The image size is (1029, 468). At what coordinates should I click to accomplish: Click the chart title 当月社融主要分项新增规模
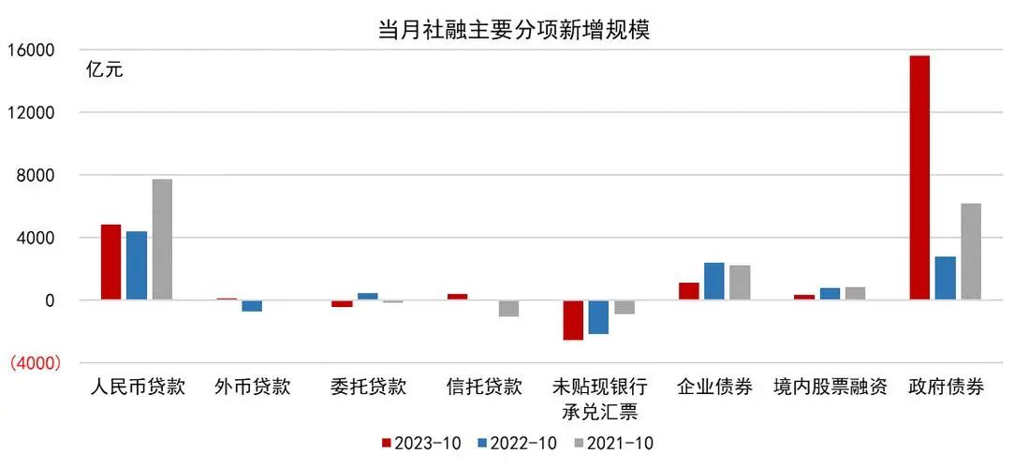513,29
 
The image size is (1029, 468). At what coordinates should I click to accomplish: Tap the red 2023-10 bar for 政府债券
919,178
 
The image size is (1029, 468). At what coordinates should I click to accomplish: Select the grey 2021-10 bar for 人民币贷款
162,240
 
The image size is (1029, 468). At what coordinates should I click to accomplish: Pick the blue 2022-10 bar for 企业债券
714,282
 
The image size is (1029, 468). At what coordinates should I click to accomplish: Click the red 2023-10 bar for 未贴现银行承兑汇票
573,320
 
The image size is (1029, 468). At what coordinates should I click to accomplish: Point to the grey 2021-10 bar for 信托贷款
508,309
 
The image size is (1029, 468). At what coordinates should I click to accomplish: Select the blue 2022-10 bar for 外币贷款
252,306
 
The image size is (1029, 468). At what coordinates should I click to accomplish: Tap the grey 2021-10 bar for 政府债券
971,252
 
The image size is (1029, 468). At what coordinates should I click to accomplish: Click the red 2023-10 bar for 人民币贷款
110,263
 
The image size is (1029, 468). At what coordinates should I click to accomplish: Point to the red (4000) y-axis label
34,363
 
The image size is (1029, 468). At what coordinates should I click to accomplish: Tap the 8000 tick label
35,175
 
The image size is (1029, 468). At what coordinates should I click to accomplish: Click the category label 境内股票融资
830,388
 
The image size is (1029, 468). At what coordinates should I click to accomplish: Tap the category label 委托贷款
368,388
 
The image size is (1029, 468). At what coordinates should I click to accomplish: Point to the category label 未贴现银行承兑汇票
598,399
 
